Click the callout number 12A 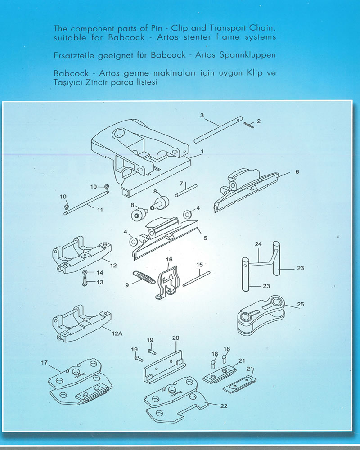coord(117,333)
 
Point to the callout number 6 coord(297,171)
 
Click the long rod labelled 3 coord(218,130)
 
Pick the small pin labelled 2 coord(249,125)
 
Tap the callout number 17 coord(44,362)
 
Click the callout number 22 coord(224,406)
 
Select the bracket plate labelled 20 coord(165,367)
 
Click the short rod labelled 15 coord(197,279)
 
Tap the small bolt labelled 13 coord(85,281)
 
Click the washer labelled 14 coord(85,272)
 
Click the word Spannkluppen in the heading coord(247,54)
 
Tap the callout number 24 coord(258,244)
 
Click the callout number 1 coord(202,151)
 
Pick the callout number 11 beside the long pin coord(100,210)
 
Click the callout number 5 coord(205,238)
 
